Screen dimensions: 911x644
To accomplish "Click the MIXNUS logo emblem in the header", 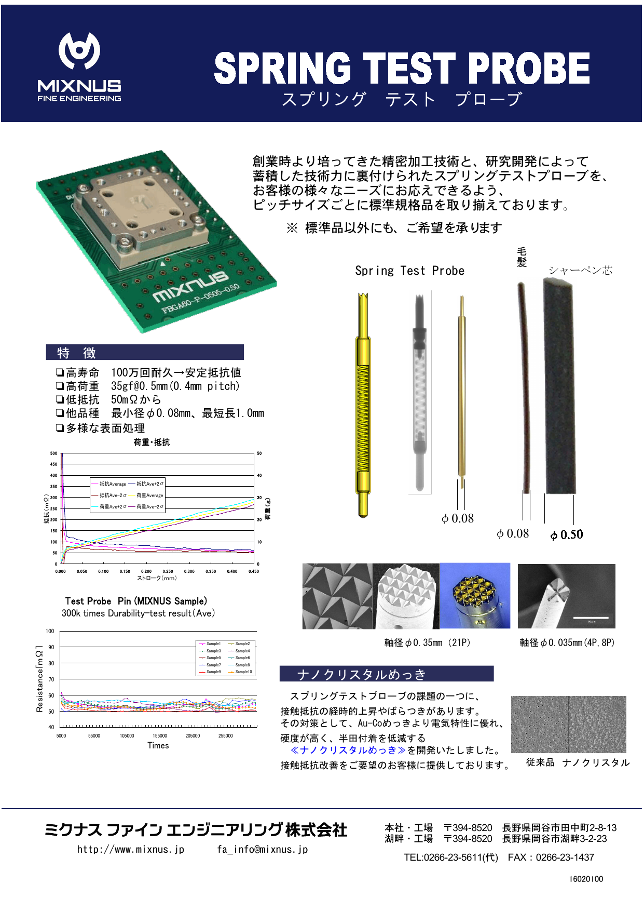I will click(79, 50).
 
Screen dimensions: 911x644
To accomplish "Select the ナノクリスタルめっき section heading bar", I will click(386, 674).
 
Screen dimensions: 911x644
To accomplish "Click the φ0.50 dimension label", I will click(567, 534).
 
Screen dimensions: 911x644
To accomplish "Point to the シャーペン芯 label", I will click(580, 270).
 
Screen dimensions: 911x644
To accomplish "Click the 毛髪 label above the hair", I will click(522, 257).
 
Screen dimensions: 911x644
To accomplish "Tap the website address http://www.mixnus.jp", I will click(131, 849).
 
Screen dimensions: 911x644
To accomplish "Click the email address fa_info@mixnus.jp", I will click(263, 849).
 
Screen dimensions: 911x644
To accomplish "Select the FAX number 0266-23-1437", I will click(565, 857).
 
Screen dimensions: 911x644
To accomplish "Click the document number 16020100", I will click(586, 879).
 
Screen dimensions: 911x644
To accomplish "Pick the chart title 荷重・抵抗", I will click(152, 442).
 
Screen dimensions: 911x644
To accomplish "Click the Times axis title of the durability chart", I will click(158, 745).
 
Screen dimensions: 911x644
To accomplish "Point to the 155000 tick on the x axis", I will click(160, 736).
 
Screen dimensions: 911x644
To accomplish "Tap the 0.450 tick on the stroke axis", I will click(253, 571).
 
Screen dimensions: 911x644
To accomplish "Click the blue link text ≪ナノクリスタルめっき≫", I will click(348, 750).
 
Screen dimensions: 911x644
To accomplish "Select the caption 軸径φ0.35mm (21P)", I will click(427, 642).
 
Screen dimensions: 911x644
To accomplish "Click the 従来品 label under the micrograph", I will click(540, 762).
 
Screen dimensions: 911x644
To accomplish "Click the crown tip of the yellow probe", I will click(363, 298).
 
